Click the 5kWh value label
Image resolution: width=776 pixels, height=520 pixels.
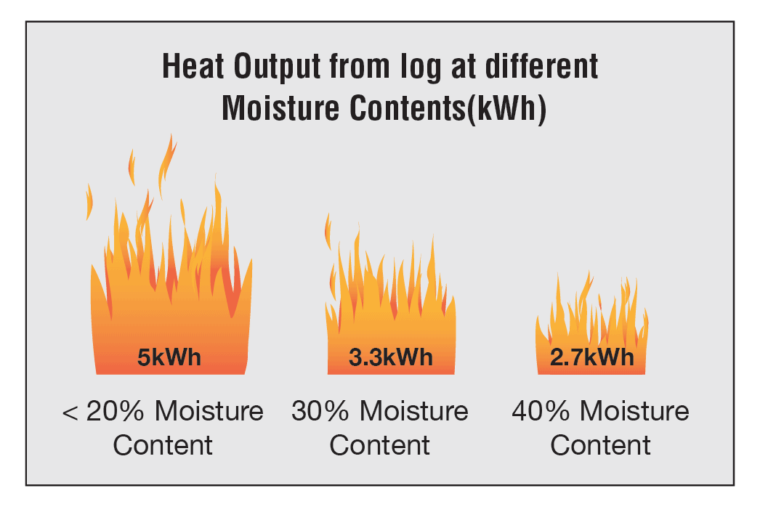[169, 357]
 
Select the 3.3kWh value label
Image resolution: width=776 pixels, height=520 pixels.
[391, 357]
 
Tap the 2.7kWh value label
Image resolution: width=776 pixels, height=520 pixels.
[592, 357]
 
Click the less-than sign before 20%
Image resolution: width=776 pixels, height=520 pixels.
[70, 413]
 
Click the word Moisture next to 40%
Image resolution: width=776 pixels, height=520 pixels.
[636, 412]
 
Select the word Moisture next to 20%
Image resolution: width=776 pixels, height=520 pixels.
[209, 412]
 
